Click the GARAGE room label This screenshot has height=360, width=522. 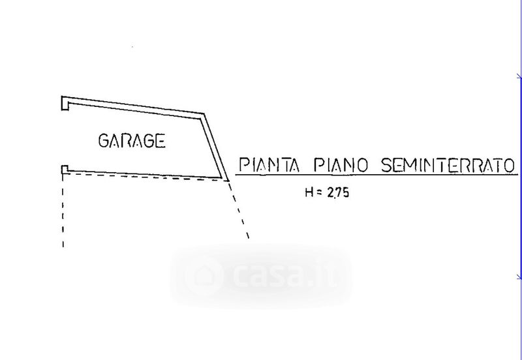tap(131, 140)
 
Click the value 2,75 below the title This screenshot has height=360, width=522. tap(336, 193)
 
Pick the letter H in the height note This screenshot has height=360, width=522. tap(308, 193)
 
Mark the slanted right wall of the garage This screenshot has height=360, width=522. tap(213, 145)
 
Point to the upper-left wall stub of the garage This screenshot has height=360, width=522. tap(65, 102)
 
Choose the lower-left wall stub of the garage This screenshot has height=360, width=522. tap(64, 170)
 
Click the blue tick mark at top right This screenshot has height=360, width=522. tap(518, 78)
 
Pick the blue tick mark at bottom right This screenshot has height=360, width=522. tap(518, 277)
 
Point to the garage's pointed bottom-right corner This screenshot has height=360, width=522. tap(226, 179)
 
